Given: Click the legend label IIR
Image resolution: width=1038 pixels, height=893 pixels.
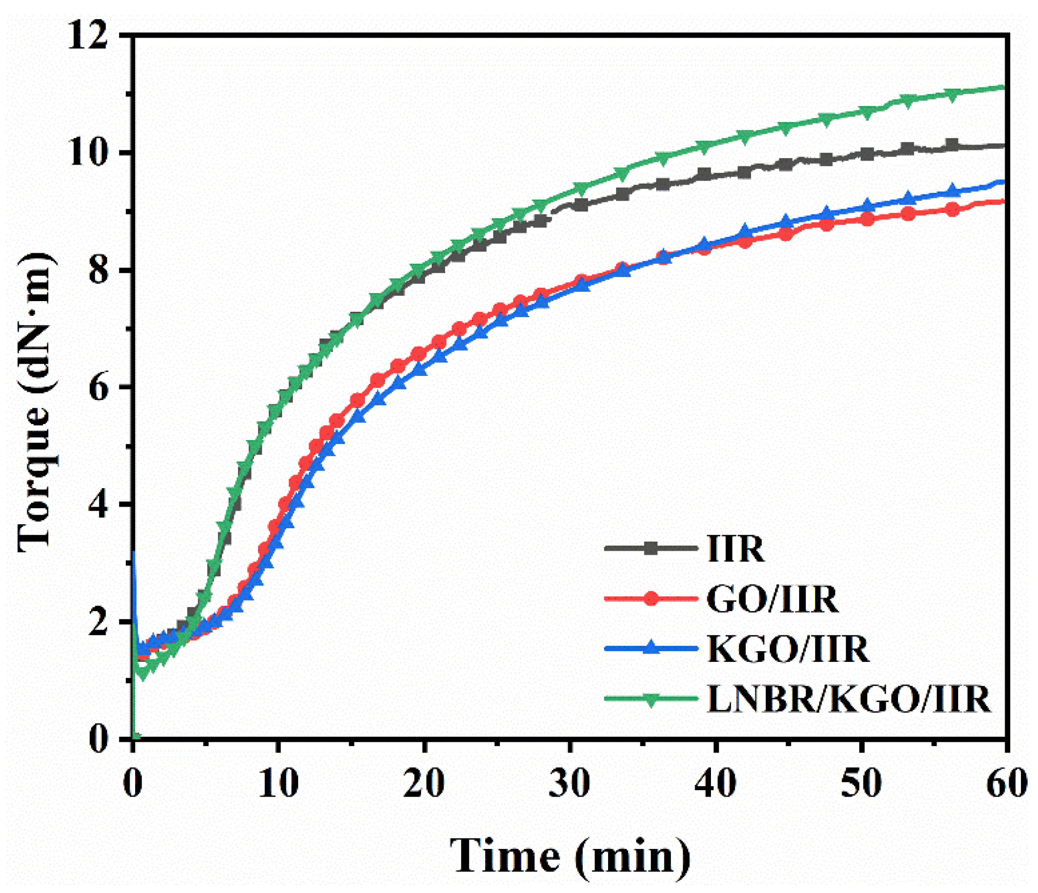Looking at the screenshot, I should pyautogui.click(x=735, y=549).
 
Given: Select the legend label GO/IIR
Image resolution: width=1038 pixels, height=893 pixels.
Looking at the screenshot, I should pyautogui.click(x=773, y=599).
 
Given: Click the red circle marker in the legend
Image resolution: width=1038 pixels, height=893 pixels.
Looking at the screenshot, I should pyautogui.click(x=651, y=598).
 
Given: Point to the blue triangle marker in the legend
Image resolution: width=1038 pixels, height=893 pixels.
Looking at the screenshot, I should pyautogui.click(x=651, y=648).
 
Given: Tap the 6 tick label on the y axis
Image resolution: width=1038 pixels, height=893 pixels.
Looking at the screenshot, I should pyautogui.click(x=98, y=387).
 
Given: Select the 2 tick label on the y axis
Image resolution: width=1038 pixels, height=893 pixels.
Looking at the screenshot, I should pyautogui.click(x=98, y=622).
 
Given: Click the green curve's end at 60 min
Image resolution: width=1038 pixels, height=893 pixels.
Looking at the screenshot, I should pyautogui.click(x=1004, y=88).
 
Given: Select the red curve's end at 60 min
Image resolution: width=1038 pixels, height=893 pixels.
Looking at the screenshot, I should pyautogui.click(x=1004, y=201).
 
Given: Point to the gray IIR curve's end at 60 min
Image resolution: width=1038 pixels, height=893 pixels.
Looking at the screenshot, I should pyautogui.click(x=1004, y=146).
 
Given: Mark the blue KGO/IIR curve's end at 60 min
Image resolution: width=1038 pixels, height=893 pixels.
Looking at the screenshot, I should pyautogui.click(x=1004, y=182).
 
